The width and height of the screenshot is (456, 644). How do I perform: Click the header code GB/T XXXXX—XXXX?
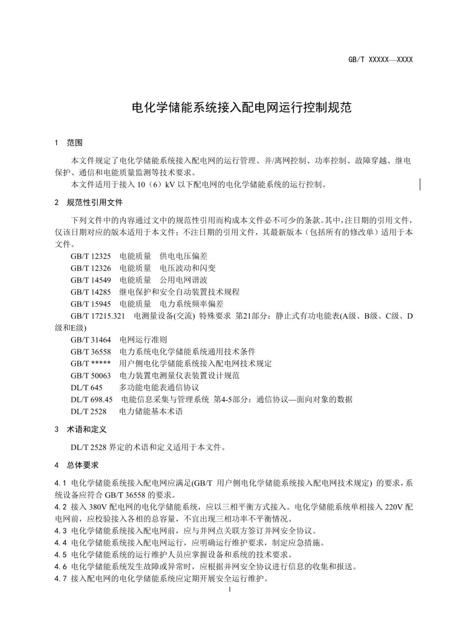coord(380,59)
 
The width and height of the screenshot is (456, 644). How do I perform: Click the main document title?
coord(242,108)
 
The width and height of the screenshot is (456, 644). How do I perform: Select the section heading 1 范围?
coord(68,143)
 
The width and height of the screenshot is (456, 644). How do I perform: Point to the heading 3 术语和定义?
coord(80,429)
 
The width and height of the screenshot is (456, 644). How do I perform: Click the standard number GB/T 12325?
coord(91,256)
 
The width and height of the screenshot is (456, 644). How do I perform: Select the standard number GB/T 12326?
coord(91,268)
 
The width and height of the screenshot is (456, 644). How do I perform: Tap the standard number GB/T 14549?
coord(91,280)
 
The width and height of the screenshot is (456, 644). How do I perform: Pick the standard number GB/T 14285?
coord(91,292)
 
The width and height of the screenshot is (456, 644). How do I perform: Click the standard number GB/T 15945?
coord(91,304)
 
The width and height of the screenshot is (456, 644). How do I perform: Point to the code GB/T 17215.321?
coord(98,316)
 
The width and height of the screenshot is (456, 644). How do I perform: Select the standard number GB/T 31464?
coord(91,340)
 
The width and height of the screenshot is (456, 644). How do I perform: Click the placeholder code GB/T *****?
coord(91,364)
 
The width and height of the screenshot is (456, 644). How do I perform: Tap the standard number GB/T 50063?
coord(91,375)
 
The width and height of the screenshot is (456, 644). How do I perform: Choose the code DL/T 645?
coord(87,387)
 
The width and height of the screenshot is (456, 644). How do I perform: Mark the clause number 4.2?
coord(60,507)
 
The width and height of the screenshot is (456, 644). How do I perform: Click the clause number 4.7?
coord(60,579)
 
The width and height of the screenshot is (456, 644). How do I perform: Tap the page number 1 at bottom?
coord(229,589)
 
